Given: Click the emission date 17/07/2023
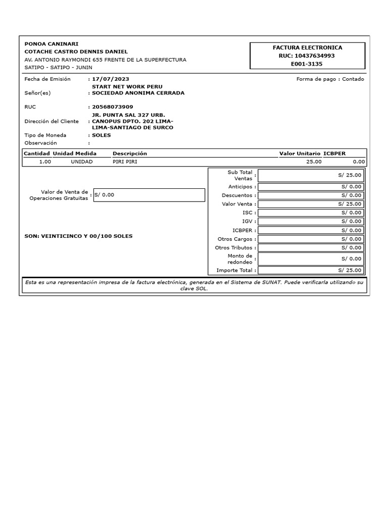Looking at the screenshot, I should (x=111, y=79).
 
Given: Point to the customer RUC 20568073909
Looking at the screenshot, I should (x=113, y=107).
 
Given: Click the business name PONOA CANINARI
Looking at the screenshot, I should (x=52, y=44).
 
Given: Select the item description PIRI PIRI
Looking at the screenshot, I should (x=125, y=162).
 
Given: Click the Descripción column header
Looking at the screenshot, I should (x=130, y=153).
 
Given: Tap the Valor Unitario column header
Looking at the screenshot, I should (x=300, y=153).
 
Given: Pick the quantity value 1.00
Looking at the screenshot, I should (x=45, y=162).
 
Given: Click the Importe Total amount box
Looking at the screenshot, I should (x=310, y=270).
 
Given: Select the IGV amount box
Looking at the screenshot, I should (x=310, y=221).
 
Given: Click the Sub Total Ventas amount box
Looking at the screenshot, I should (x=310, y=175).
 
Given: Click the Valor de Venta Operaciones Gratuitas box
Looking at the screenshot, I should (x=149, y=195).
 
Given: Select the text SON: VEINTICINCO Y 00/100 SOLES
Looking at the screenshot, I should (x=79, y=236).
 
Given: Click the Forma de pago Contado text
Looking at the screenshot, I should (x=330, y=79).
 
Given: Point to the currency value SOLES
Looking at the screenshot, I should (x=101, y=135).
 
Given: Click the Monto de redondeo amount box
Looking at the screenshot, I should (x=310, y=258).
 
